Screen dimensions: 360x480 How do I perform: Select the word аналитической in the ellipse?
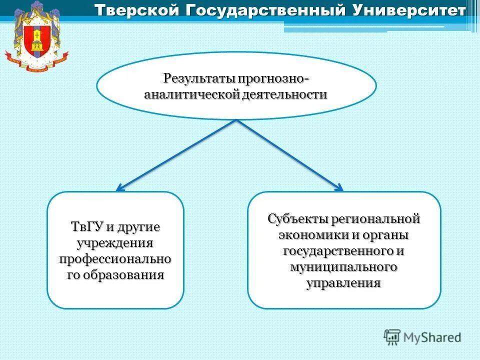pos(192,95)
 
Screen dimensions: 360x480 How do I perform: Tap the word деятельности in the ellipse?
pos(285,95)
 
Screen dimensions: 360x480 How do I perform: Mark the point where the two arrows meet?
pos(235,121)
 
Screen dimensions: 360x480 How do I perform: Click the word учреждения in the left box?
pos(115,243)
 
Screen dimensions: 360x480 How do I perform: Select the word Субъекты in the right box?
pos(298,218)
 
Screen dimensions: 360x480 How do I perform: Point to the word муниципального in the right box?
pos(344,266)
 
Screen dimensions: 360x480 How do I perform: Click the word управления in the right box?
pos(343,283)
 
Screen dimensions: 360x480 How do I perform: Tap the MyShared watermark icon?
pos(392,337)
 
